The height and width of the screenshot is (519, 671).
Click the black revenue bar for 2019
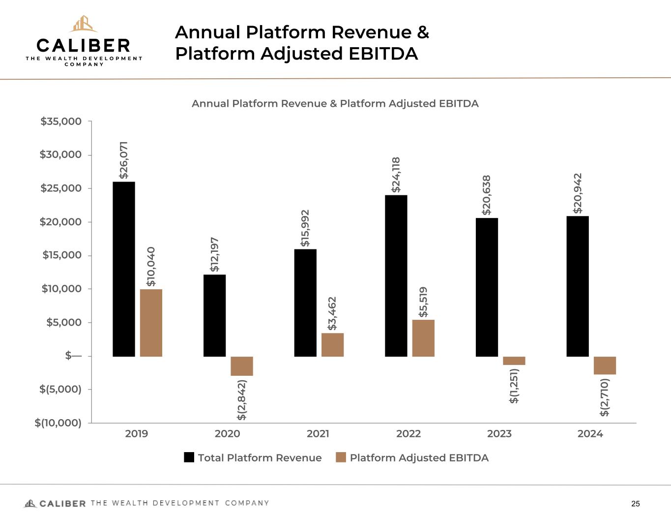point(124,269)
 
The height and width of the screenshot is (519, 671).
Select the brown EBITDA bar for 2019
point(151,323)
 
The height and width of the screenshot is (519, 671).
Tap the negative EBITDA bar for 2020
point(242,366)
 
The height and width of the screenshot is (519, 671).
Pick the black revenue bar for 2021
point(305,303)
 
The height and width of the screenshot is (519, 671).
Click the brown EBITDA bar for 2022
point(423,338)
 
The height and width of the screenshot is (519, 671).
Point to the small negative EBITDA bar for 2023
point(514,361)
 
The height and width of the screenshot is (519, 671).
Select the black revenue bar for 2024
point(578,286)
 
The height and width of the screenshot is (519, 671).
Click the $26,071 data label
point(124,160)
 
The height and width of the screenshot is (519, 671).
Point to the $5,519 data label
point(423,302)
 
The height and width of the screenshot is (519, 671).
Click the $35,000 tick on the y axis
point(61,122)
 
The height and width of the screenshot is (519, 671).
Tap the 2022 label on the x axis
point(408,434)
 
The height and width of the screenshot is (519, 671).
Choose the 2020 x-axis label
point(227,434)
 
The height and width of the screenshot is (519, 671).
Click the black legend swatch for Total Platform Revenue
point(189,458)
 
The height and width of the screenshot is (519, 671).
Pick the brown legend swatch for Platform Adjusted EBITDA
point(341,458)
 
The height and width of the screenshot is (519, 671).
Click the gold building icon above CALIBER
point(83,24)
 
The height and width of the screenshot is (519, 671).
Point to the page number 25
point(636,504)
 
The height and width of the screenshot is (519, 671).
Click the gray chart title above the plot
point(335,104)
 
